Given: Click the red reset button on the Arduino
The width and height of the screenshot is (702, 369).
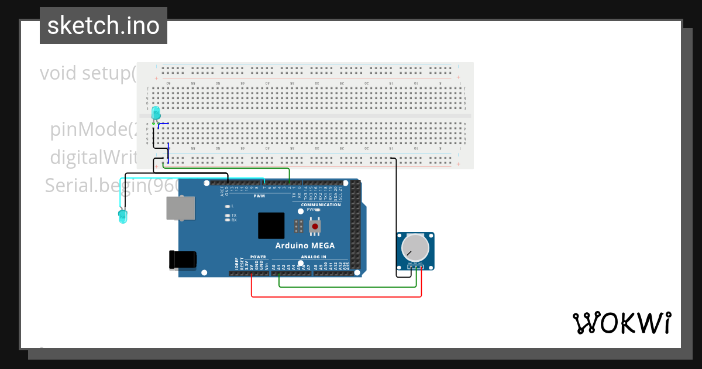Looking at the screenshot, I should pos(315,226).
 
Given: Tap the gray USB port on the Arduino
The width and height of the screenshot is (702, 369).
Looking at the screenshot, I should pos(181,208).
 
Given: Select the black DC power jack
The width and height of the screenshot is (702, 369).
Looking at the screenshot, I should pos(183,259).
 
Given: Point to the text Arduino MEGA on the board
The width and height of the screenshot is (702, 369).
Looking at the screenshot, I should pos(305,245).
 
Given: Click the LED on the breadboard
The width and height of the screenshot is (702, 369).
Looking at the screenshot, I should pos(156,112).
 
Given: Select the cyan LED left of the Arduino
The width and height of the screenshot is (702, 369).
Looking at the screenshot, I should pos(122,216).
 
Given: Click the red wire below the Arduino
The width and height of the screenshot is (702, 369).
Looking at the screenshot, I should pos(336,296).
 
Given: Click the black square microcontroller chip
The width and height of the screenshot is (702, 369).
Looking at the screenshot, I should pos(271,225).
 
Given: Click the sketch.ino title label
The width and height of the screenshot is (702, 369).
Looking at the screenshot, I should pos(104,26).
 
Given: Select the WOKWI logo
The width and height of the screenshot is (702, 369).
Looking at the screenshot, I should pos(621,323).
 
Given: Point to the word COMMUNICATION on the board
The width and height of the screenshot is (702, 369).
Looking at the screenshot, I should pos(321,204).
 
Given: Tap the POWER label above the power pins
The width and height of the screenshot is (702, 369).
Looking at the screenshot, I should pos(258,257).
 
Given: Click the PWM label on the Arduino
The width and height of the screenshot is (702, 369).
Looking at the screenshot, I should pos(259,196).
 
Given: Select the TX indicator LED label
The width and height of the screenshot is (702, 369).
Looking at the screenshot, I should pos(233,215).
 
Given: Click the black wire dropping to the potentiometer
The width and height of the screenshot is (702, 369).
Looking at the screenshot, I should pos(397,217).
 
